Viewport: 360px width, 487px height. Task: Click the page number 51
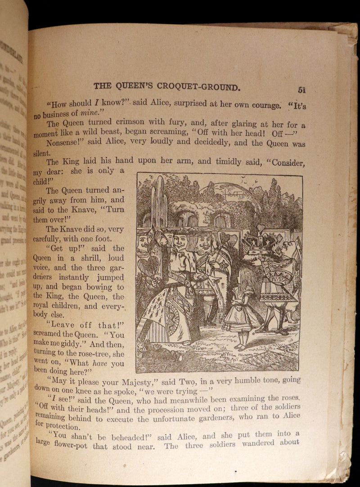tap(301, 89)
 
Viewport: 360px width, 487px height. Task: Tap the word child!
tap(43, 182)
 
